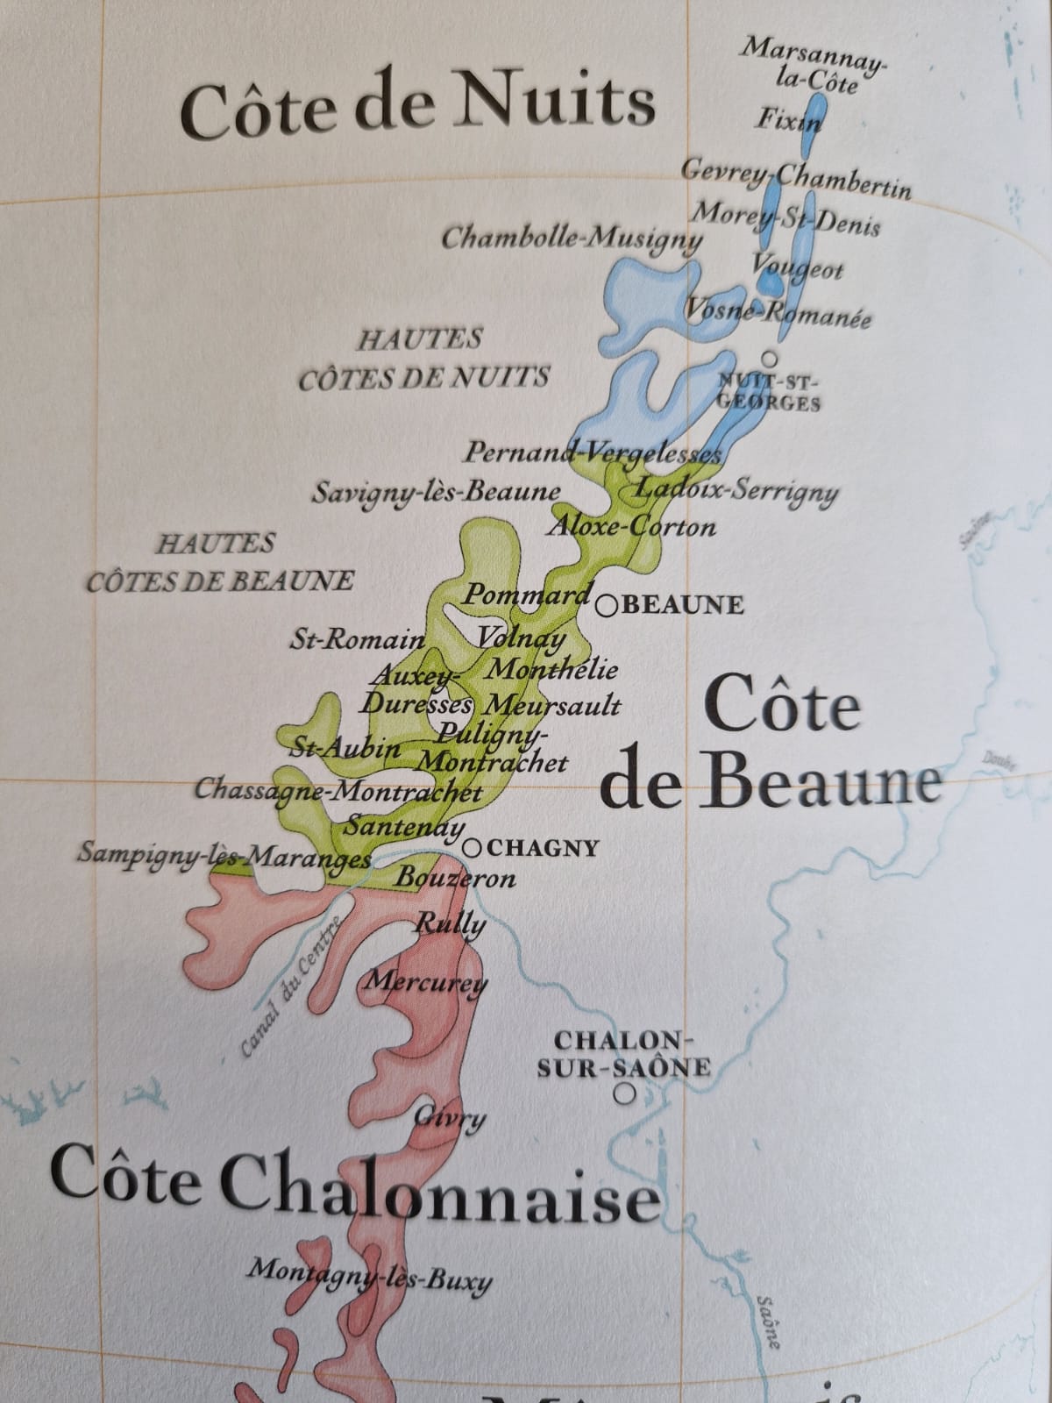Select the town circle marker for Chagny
(473, 848)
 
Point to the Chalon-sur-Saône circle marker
(624, 1093)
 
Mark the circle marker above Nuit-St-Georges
(770, 358)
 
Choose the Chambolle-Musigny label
(572, 238)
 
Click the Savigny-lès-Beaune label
(436, 492)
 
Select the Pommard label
(527, 595)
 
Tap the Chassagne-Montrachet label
(338, 791)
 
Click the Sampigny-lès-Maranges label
(224, 853)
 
